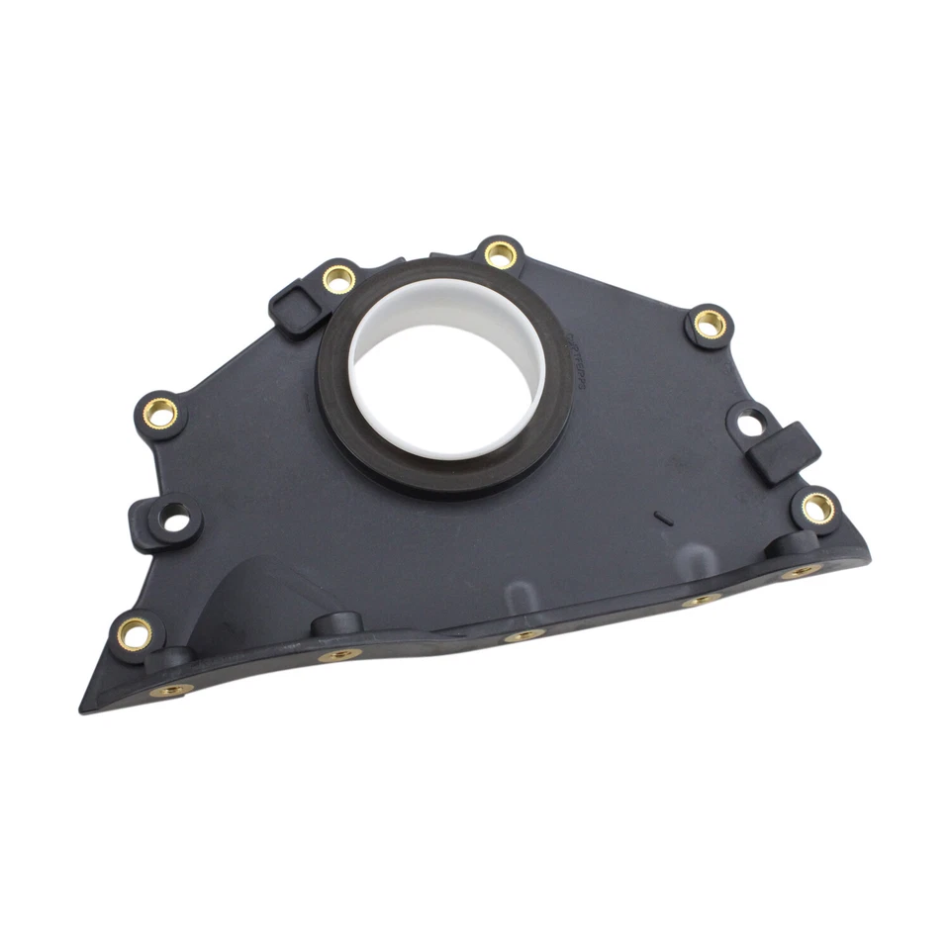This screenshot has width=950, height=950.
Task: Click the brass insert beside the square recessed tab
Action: pos(338,279)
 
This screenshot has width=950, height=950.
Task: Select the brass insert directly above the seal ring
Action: pos(501,254)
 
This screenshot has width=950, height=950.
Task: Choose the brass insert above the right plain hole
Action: pos(710,323)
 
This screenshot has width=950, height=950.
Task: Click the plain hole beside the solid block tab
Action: pos(752,424)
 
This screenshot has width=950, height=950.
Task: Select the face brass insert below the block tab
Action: pos(817,508)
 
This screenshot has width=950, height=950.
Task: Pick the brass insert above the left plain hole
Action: pos(160,413)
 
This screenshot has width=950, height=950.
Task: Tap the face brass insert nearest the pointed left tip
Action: pos(135,631)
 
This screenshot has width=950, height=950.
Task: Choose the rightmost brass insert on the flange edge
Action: pos(799,572)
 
